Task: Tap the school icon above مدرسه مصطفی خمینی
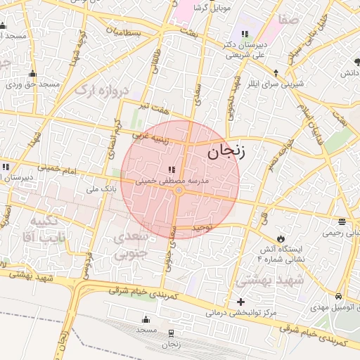[x=172, y=169]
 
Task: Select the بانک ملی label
[x=99, y=188]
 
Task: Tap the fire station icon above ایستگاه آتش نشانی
[x=282, y=238]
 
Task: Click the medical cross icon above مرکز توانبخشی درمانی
[x=241, y=302]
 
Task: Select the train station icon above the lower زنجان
[x=172, y=333]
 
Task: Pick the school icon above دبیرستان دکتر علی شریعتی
[x=244, y=34]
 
